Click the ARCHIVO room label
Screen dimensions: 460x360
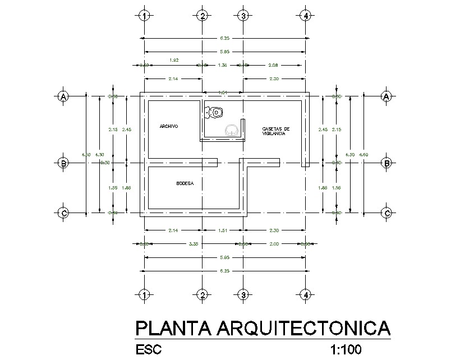(x=169, y=127)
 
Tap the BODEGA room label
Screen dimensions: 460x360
(x=185, y=183)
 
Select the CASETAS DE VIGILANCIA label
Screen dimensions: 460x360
(x=275, y=131)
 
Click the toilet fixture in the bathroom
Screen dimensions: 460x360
(x=214, y=112)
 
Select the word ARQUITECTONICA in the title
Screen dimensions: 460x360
(x=303, y=327)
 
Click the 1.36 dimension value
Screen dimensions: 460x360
(x=222, y=66)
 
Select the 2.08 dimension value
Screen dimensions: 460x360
(x=274, y=66)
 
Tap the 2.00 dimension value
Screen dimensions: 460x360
(x=274, y=244)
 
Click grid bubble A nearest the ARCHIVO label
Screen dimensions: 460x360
(x=63, y=96)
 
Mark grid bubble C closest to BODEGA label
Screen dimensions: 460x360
(x=63, y=213)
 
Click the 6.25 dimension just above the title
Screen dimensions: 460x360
(x=224, y=270)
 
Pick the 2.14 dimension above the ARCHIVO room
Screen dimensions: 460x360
(x=173, y=79)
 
